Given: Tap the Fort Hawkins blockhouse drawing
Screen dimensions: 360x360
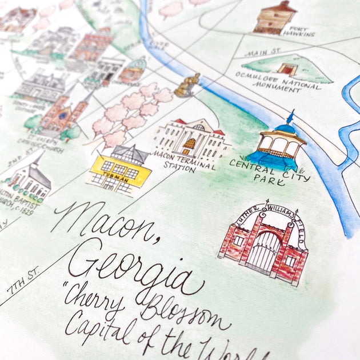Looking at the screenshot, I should pyautogui.click(x=275, y=17).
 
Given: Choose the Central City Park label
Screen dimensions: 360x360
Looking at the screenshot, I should pyautogui.click(x=269, y=170).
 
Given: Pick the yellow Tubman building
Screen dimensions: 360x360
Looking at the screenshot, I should pyautogui.click(x=121, y=168).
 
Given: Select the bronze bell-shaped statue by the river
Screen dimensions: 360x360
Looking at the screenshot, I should pyautogui.click(x=186, y=86).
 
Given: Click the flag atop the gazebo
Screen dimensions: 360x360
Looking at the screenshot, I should pyautogui.click(x=291, y=116).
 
